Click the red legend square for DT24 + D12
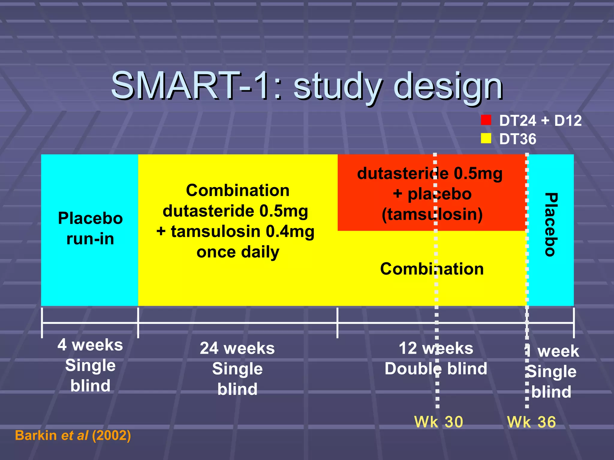click(x=486, y=120)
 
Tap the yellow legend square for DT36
click(x=486, y=138)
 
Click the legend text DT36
click(x=517, y=139)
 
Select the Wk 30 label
click(x=438, y=422)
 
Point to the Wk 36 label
click(x=531, y=422)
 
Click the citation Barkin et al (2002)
click(x=73, y=435)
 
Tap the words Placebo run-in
click(x=90, y=228)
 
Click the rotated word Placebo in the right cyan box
click(x=551, y=224)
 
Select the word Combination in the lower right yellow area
click(x=432, y=269)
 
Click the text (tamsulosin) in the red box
click(x=432, y=214)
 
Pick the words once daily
click(x=238, y=252)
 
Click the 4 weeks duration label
click(x=90, y=345)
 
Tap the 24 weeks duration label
click(x=237, y=348)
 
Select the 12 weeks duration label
click(x=436, y=348)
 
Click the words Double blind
click(x=436, y=369)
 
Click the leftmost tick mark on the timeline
click(x=42, y=323)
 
